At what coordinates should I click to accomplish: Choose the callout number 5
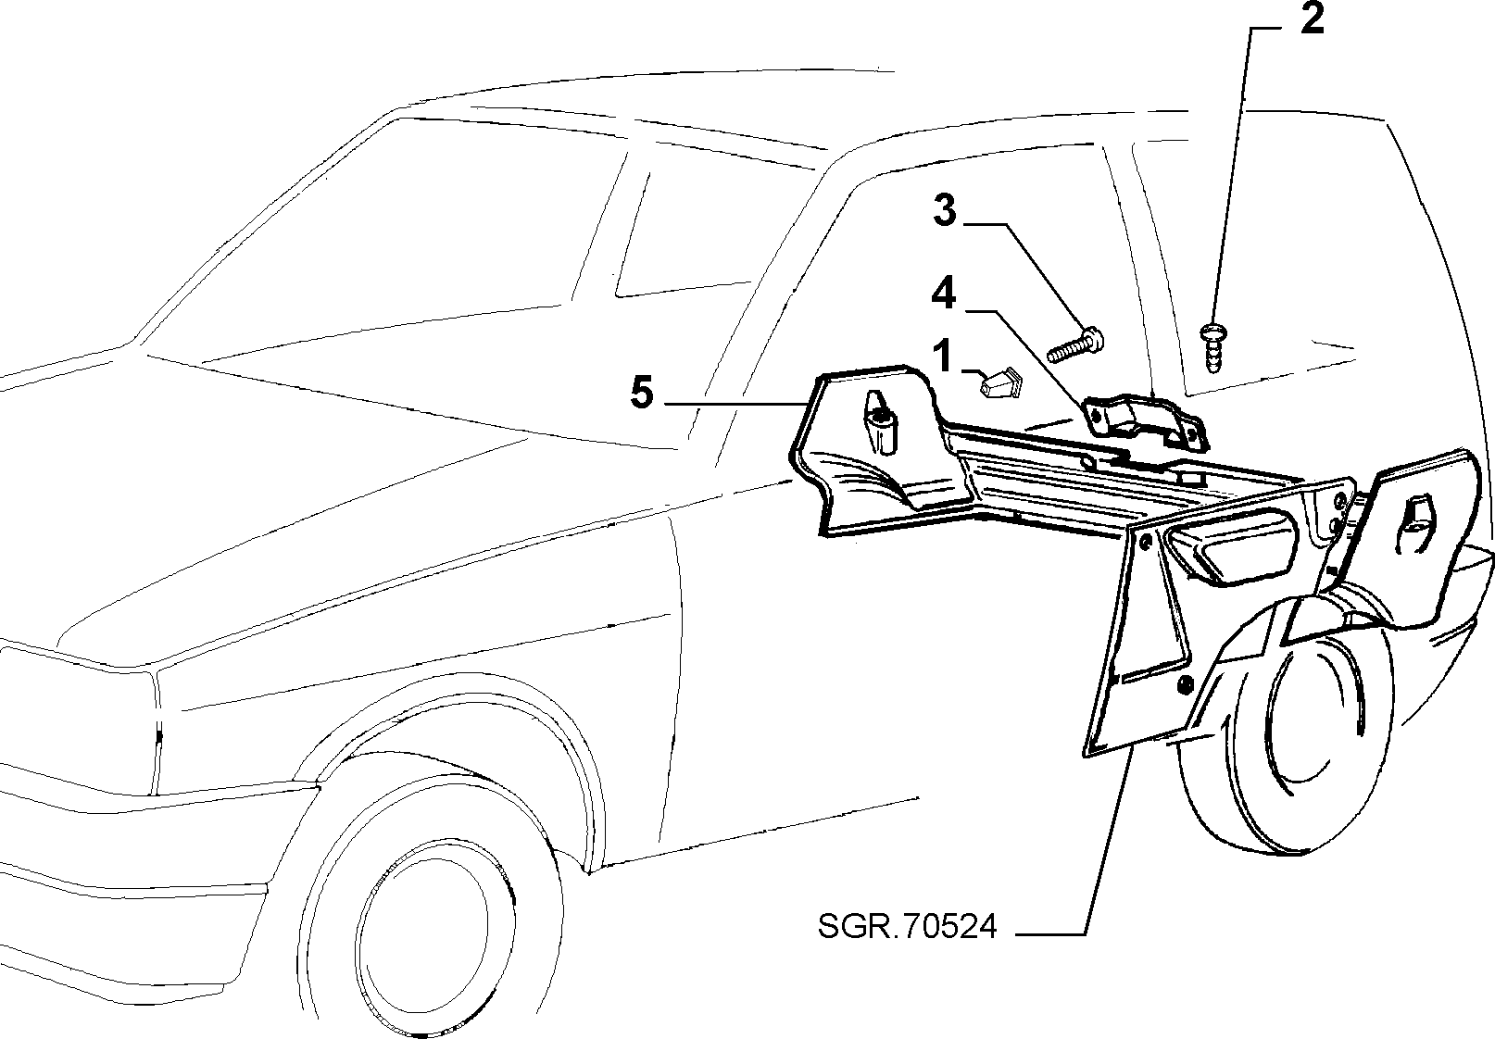coord(642,393)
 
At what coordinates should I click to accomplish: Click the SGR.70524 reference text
coord(907,926)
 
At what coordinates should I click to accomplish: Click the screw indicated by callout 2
coord(1213,347)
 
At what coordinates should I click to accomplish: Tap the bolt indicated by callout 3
coord(1075,344)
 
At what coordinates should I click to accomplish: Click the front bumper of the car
coord(133,868)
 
